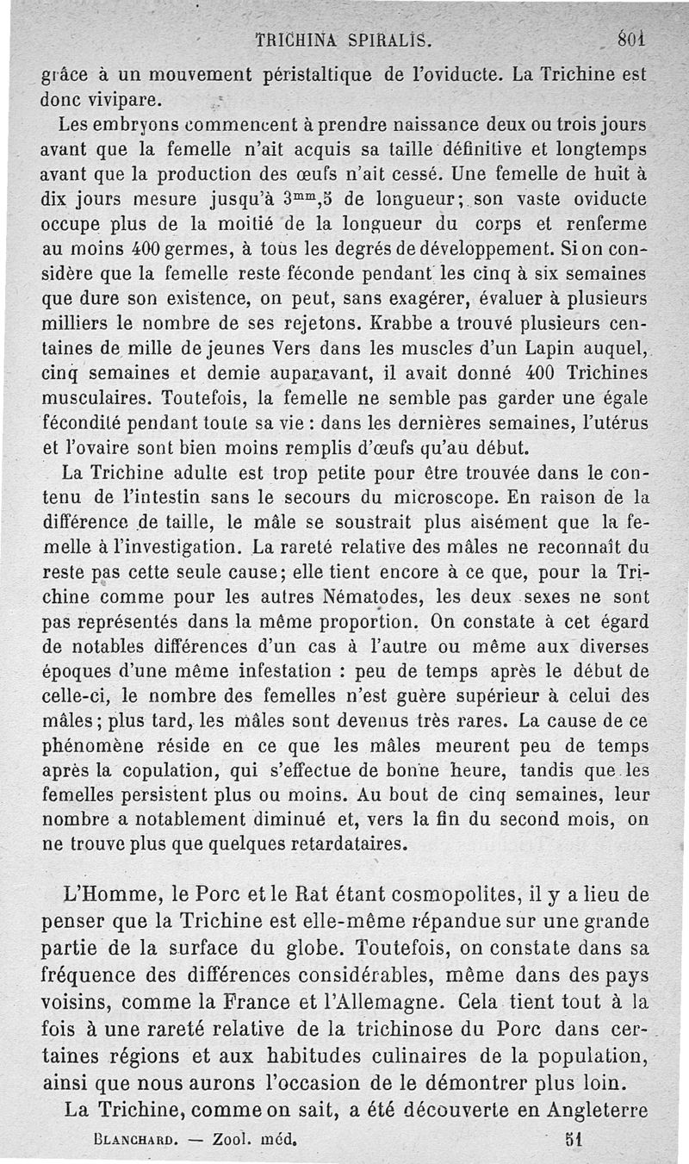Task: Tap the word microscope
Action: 404,497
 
